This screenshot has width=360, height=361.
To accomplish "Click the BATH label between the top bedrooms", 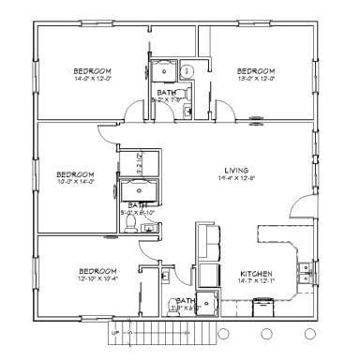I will pyautogui.click(x=167, y=93).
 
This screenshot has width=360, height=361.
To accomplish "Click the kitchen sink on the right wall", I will pyautogui.click(x=306, y=273).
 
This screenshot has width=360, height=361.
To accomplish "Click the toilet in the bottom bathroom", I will pyautogui.click(x=164, y=275).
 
